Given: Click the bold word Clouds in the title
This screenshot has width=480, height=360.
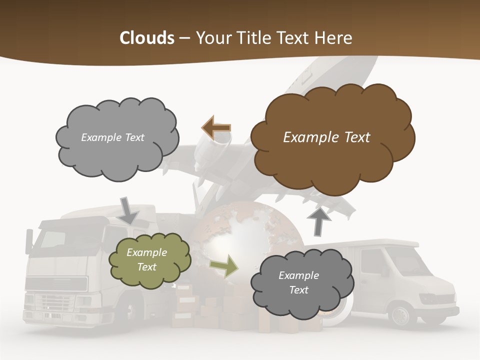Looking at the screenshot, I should pyautogui.click(x=147, y=38).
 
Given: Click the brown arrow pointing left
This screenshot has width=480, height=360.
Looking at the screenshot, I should pyautogui.click(x=216, y=128).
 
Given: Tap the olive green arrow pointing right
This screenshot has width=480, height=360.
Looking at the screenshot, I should pyautogui.click(x=224, y=265).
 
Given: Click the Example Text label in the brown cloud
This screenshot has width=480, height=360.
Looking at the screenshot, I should pyautogui.click(x=326, y=137).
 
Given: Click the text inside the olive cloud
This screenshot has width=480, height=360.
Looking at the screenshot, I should pyautogui.click(x=146, y=260).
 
